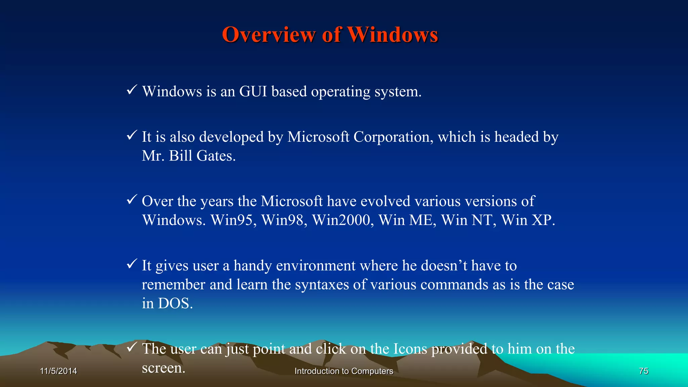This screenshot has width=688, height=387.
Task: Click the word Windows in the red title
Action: tap(392, 35)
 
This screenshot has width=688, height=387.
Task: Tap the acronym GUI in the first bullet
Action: tap(253, 91)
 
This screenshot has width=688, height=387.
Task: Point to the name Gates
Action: tap(216, 156)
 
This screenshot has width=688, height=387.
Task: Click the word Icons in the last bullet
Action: tap(410, 349)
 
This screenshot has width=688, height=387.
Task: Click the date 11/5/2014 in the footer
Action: tap(58, 371)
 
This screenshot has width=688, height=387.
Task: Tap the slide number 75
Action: tap(644, 371)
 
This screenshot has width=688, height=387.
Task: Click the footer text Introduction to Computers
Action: tap(344, 371)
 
